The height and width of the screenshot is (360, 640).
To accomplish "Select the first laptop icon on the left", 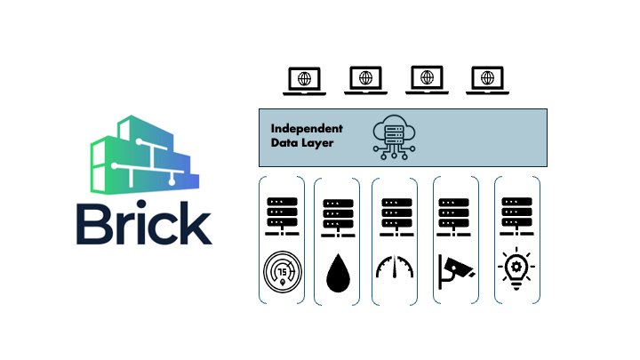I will (x=304, y=81).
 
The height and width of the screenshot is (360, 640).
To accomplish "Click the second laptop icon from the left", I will (x=365, y=81).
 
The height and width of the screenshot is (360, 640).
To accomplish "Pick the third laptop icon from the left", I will (x=427, y=81).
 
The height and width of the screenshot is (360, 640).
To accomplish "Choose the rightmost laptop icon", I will (x=487, y=81).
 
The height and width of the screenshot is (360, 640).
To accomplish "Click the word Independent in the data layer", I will (x=306, y=129).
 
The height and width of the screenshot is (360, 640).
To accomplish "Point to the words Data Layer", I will (x=302, y=142).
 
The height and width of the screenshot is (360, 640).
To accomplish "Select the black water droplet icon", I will (x=339, y=274).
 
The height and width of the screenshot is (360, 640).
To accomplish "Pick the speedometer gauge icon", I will (x=396, y=268).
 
